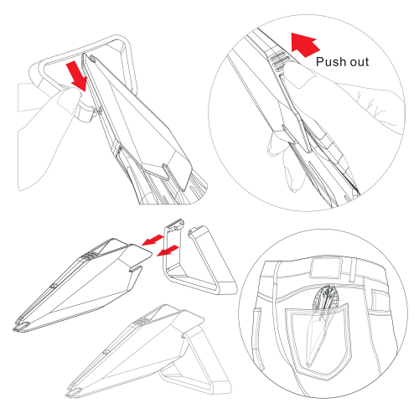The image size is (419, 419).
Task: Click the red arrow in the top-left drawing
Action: click(x=77, y=77)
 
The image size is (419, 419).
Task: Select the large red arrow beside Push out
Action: click(x=305, y=44)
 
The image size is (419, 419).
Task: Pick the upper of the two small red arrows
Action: click(x=153, y=240)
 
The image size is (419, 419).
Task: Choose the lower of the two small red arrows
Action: click(x=168, y=251)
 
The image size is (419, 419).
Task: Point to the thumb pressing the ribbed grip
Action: click(x=300, y=74)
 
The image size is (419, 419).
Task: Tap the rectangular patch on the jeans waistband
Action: click(x=326, y=268)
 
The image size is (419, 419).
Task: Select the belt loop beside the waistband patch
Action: click(x=354, y=270)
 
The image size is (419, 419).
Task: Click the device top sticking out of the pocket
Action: click(x=326, y=297)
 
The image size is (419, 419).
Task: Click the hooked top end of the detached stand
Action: click(x=175, y=224)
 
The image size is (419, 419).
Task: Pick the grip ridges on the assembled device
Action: click(x=142, y=322)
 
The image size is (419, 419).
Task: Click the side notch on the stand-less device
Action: click(x=136, y=269)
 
